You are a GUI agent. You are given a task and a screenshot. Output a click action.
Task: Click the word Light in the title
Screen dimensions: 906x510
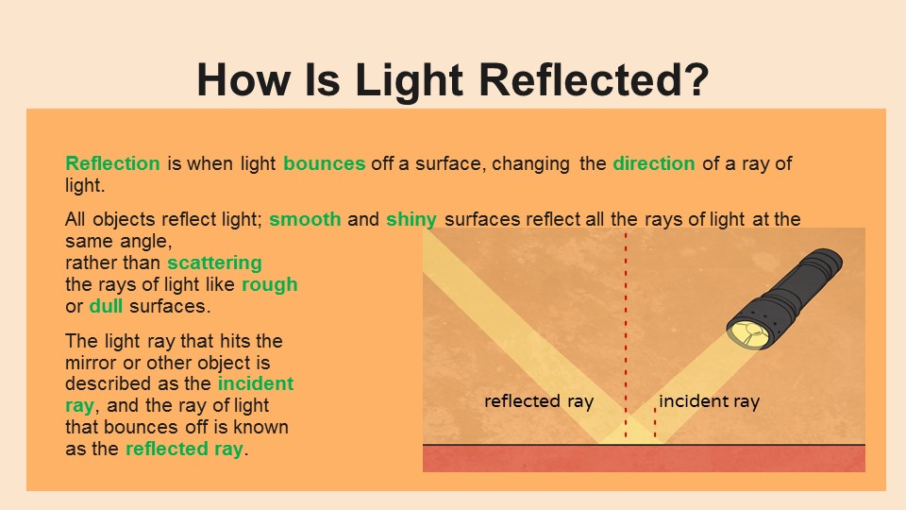pos(409,79)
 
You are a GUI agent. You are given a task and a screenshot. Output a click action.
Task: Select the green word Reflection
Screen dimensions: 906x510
pos(112,163)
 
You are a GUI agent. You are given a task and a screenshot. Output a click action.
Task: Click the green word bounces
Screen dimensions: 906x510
pos(324,163)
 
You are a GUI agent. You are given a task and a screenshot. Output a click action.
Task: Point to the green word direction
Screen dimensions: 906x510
pos(653,163)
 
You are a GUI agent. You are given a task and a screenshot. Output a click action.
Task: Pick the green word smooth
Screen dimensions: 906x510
pos(305,219)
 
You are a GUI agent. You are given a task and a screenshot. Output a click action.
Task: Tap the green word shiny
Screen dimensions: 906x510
pos(411,220)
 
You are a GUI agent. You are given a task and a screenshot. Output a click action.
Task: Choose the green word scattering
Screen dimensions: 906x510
pos(214,263)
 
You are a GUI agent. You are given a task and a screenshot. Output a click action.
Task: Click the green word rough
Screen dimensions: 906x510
pos(269,284)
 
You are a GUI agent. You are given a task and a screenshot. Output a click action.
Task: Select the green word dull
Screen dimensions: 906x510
pos(106,306)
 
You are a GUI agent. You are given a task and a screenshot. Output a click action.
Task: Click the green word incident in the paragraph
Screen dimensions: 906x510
pos(256,383)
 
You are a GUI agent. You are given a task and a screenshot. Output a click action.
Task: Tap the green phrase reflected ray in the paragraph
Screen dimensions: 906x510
pos(184,449)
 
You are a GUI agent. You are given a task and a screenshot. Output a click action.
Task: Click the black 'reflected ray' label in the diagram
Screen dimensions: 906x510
pos(539,401)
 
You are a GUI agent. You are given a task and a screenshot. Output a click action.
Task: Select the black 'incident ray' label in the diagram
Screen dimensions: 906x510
pos(709,401)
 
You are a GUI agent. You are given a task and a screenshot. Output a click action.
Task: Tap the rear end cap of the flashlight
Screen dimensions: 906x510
pos(828,261)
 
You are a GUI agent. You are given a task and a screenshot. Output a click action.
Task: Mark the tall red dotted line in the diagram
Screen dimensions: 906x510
pos(626,335)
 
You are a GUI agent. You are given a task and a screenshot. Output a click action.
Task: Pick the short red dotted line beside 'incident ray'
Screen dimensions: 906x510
pos(655,423)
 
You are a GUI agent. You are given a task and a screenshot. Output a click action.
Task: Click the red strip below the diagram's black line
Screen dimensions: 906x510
pos(644,459)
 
